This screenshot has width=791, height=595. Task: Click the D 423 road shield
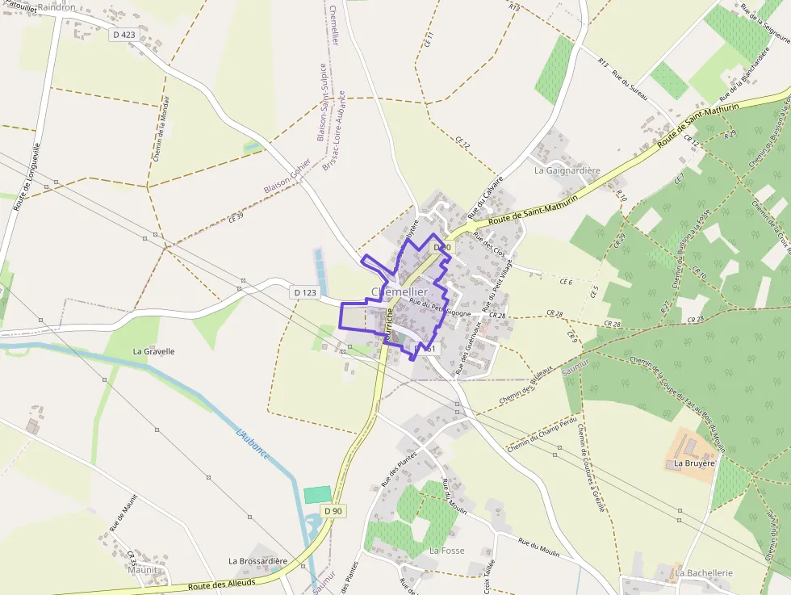123,35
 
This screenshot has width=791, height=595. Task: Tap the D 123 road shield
304,292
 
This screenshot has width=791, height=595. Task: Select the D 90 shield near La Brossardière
333,511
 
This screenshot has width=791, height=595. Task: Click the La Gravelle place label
153,351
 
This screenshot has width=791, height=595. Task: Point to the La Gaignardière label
567,170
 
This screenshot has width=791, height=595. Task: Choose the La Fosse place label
447,550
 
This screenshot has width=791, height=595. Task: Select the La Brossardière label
257,561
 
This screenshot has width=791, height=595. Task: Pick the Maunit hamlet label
142,569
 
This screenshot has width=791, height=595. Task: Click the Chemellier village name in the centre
400,291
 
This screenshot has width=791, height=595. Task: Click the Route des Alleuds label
222,584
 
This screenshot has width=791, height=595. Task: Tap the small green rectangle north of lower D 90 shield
317,495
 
